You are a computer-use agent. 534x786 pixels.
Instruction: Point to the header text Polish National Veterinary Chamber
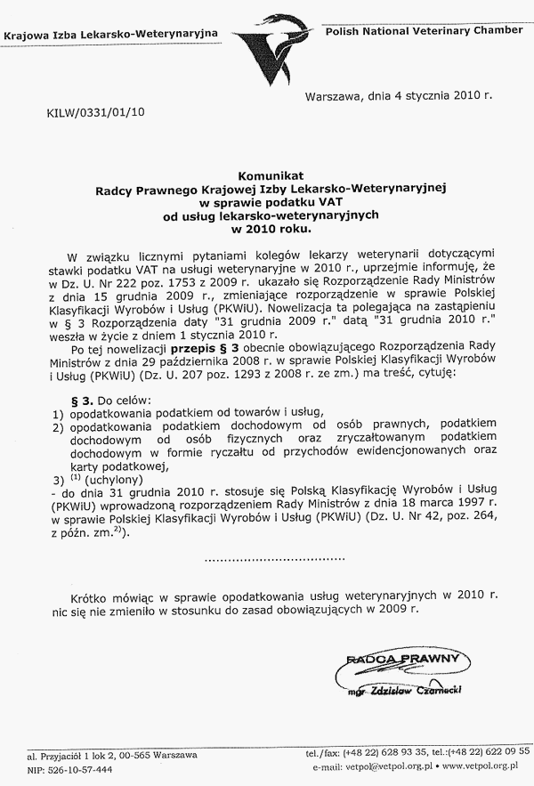point(425,30)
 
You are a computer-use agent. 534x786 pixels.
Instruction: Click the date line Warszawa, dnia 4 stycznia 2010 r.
point(399,93)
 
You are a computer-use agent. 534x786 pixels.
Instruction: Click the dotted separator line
point(274,559)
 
